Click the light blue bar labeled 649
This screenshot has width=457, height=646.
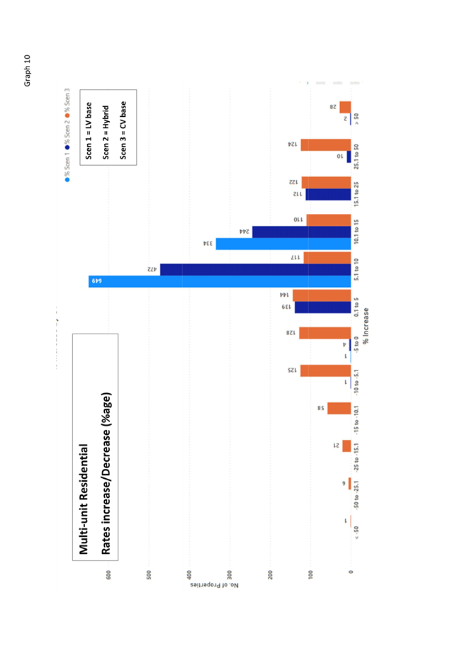(x=220, y=281)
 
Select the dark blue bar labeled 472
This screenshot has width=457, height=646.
(x=255, y=270)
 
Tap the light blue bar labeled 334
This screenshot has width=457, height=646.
(x=283, y=244)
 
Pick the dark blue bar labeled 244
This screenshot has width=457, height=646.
(x=301, y=232)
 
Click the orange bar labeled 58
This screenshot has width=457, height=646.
(x=339, y=409)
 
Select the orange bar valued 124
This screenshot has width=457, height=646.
(x=325, y=144)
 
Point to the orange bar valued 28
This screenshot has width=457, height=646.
(x=344, y=108)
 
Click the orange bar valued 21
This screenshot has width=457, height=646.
(x=346, y=446)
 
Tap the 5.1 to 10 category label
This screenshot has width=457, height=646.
(x=356, y=269)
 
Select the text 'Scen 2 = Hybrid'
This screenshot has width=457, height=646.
(x=106, y=132)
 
